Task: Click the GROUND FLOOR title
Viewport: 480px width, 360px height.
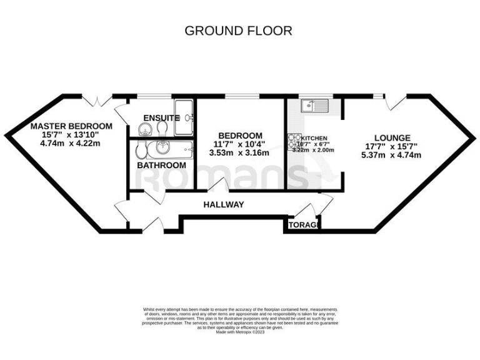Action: point(238,31)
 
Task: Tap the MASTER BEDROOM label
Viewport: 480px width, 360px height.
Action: point(72,126)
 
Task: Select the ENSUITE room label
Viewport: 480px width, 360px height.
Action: point(161,118)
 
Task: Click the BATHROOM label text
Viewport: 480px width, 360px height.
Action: point(162,165)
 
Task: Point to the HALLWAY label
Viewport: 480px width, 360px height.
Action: point(223,204)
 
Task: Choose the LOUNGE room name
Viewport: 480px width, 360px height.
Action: point(392,137)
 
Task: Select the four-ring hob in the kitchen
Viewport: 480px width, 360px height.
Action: point(294,143)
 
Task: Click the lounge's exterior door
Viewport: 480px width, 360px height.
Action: point(396,102)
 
